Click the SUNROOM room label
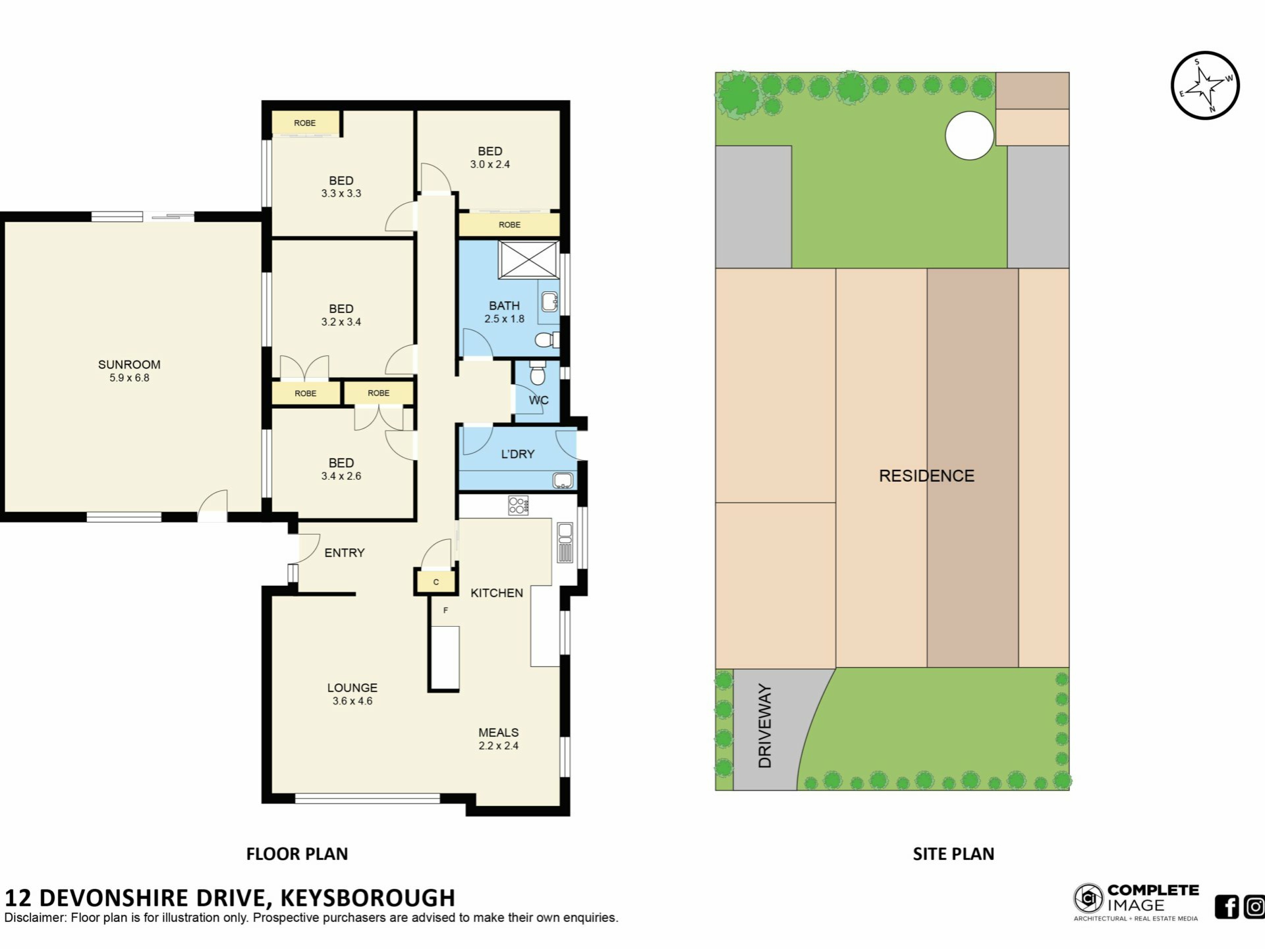tap(129, 364)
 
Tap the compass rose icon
tap(1205, 86)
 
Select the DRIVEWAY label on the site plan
tap(764, 726)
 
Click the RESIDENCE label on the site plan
tap(926, 476)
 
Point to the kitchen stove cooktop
tap(518, 505)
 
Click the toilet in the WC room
tap(538, 372)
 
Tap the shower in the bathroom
tap(528, 260)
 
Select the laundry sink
tap(563, 480)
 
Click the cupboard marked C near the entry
tap(436, 582)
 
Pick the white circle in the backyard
tap(969, 135)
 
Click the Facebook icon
tap(1227, 907)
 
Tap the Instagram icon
tap(1254, 907)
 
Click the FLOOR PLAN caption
tap(297, 854)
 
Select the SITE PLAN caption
tap(953, 854)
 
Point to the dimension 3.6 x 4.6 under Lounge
tap(352, 701)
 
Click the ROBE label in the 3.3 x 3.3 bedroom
tap(305, 123)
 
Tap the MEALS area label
tap(499, 733)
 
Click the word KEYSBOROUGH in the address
tap(368, 898)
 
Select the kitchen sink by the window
tap(565, 542)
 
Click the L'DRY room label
tap(518, 454)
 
